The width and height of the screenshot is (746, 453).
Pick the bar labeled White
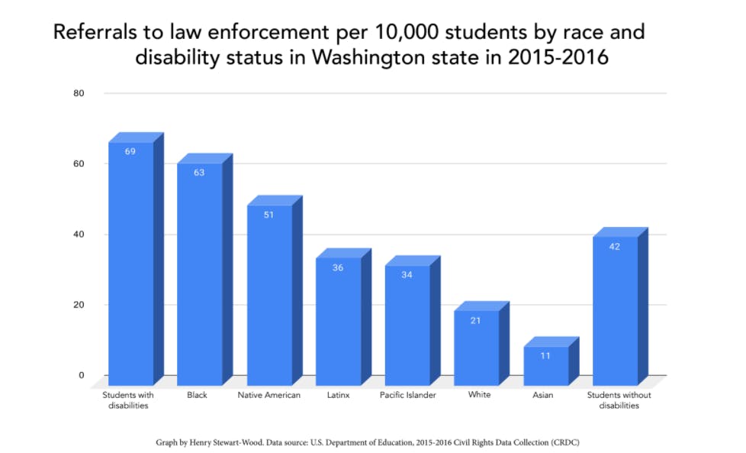(x=477, y=347)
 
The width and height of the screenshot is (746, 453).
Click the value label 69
(x=130, y=151)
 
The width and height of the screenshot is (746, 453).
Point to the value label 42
(x=615, y=246)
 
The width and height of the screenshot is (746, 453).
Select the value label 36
(x=338, y=267)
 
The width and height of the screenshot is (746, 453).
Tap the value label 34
(x=407, y=274)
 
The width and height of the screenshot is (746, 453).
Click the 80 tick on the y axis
(x=79, y=93)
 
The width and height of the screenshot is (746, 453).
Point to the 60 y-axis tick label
(x=79, y=163)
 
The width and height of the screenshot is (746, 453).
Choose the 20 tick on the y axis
(x=79, y=305)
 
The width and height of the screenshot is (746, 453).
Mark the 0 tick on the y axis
(x=81, y=375)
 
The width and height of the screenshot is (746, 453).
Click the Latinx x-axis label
(x=338, y=395)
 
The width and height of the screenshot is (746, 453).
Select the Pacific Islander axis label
(x=408, y=395)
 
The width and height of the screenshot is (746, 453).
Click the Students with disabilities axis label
(x=127, y=400)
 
